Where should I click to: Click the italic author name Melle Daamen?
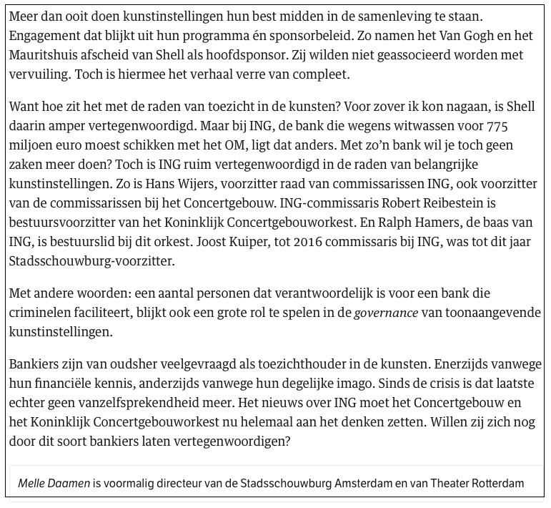tap(55, 483)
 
